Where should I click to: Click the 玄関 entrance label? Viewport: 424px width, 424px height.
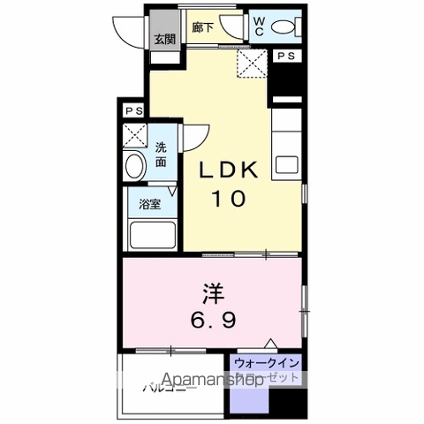coord(163,39)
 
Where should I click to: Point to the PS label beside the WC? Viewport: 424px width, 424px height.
coord(285,56)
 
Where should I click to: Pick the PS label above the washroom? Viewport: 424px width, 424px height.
coord(132,111)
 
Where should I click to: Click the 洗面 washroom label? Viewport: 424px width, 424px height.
coord(162,155)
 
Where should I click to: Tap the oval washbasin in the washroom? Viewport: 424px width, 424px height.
coord(136,167)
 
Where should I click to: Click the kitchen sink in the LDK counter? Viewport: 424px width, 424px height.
coord(286,165)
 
